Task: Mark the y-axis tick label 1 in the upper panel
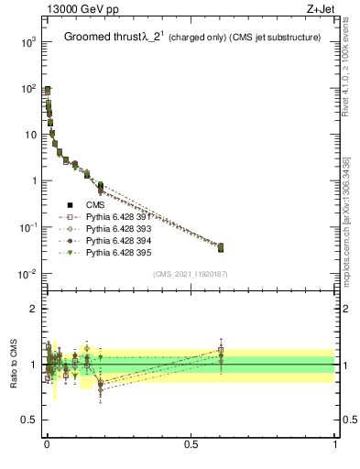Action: point(33,181)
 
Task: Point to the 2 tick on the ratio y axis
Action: point(33,309)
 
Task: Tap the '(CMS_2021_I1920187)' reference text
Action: point(190,274)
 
